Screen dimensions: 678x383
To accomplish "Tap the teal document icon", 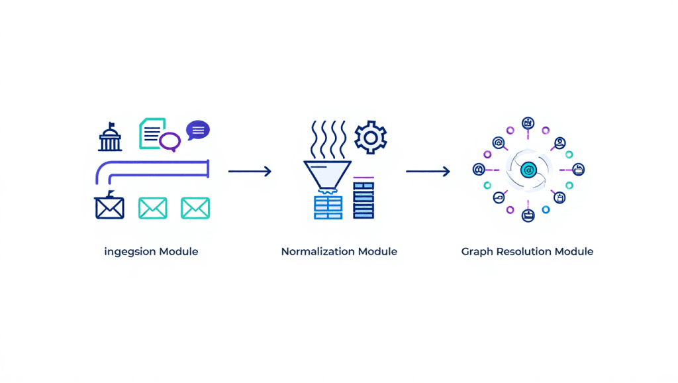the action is click(x=152, y=133).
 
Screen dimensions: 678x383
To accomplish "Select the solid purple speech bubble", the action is click(x=198, y=130).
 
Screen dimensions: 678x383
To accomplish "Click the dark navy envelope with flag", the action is click(x=109, y=205).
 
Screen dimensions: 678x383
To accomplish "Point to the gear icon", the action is click(x=371, y=137).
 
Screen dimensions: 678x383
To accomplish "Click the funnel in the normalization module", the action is click(x=327, y=176).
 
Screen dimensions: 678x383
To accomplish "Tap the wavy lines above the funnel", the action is click(x=328, y=139).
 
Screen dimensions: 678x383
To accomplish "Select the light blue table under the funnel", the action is click(x=328, y=207).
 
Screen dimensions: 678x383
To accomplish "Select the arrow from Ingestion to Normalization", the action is click(x=250, y=172).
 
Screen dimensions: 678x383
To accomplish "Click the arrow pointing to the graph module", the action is click(x=428, y=172).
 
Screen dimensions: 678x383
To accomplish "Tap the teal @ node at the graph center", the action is click(x=528, y=170).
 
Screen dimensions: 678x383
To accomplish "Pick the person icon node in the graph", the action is click(x=560, y=143).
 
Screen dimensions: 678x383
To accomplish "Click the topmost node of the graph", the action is click(x=528, y=123).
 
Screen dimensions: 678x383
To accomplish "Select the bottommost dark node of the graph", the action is click(x=528, y=215).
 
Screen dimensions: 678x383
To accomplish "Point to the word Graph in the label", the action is click(x=477, y=252).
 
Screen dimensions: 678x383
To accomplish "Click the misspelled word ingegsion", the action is click(x=130, y=252).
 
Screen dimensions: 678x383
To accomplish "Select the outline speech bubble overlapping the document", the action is click(x=170, y=141).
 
